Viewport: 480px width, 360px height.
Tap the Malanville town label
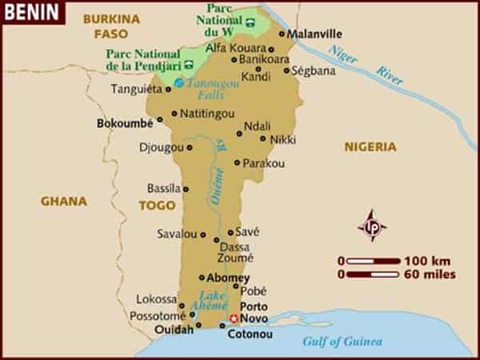(314, 34)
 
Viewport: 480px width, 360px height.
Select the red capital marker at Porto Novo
(234, 318)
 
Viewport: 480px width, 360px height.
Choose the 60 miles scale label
(430, 274)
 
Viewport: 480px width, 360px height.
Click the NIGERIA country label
(370, 146)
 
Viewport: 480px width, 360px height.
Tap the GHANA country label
(64, 201)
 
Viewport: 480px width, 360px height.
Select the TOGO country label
(157, 205)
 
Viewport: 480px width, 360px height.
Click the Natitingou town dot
(174, 113)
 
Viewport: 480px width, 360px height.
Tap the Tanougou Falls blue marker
(179, 82)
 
